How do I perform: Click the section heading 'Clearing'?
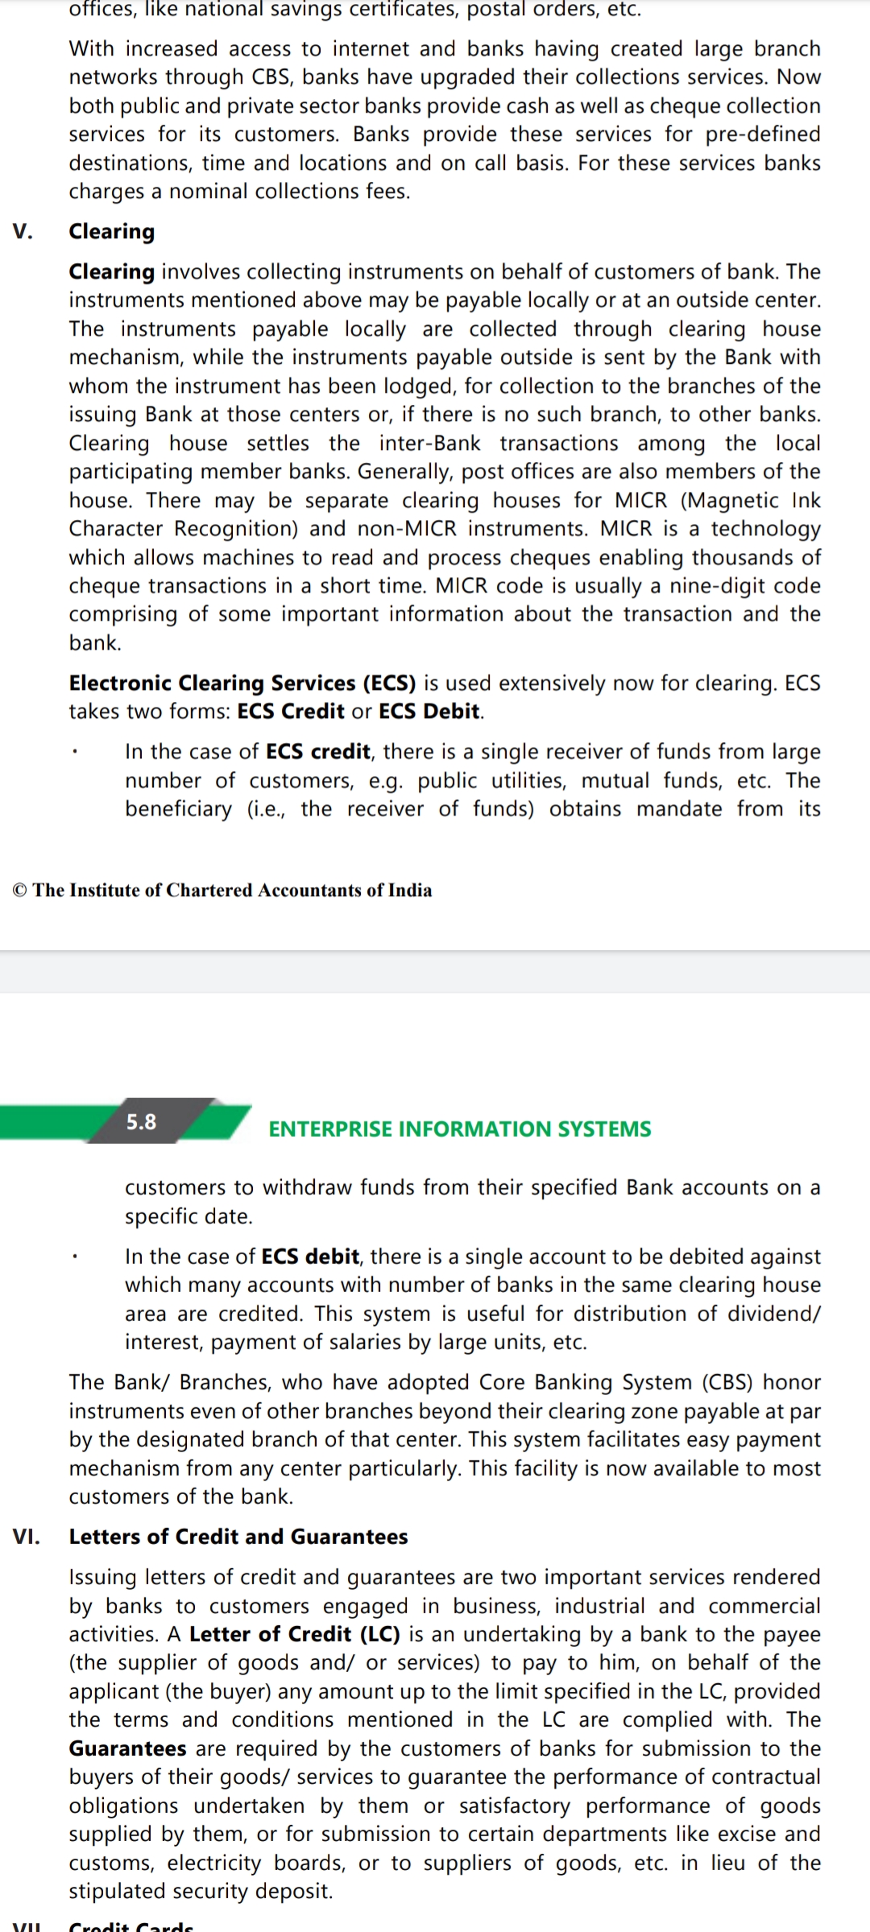(x=111, y=232)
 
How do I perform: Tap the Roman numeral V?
(x=23, y=232)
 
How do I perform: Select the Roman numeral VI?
(x=26, y=1536)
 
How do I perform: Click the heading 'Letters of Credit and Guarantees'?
(x=238, y=1536)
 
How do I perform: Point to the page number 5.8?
(x=142, y=1121)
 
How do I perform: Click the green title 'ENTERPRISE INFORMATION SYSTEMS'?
(x=459, y=1129)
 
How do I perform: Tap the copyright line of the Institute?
(x=222, y=890)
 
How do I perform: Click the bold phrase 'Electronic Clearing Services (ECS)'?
(x=242, y=683)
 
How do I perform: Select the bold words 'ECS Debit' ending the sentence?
(x=429, y=712)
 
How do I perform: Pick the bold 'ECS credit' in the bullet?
(x=318, y=752)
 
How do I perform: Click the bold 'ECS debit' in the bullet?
(x=311, y=1257)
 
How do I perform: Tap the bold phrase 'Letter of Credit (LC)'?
(x=295, y=1634)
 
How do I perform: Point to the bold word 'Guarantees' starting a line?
(x=127, y=1748)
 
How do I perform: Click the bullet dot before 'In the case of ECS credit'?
(x=74, y=754)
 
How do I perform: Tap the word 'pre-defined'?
(x=763, y=134)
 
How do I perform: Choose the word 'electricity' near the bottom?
(x=214, y=1863)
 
